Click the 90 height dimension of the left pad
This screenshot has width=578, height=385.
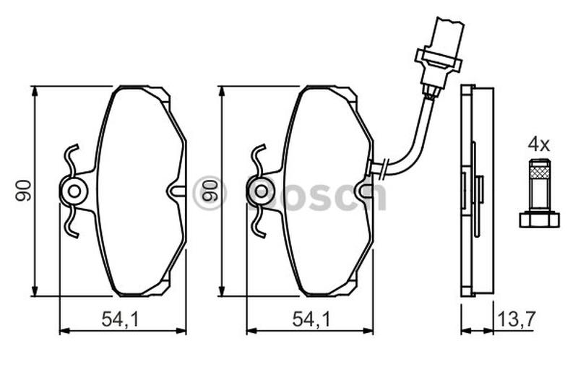click(x=23, y=190)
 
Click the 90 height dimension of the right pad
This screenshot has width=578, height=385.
click(x=210, y=190)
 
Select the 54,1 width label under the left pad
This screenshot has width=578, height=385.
click(x=121, y=319)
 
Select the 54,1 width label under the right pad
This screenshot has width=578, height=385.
click(x=311, y=319)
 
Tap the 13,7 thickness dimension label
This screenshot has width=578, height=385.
click(x=516, y=319)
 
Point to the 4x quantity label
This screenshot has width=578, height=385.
click(x=538, y=144)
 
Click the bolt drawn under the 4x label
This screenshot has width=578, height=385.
click(x=539, y=193)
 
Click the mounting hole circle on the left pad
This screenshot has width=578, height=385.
click(x=74, y=191)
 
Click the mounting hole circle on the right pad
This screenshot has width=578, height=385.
click(x=261, y=191)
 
